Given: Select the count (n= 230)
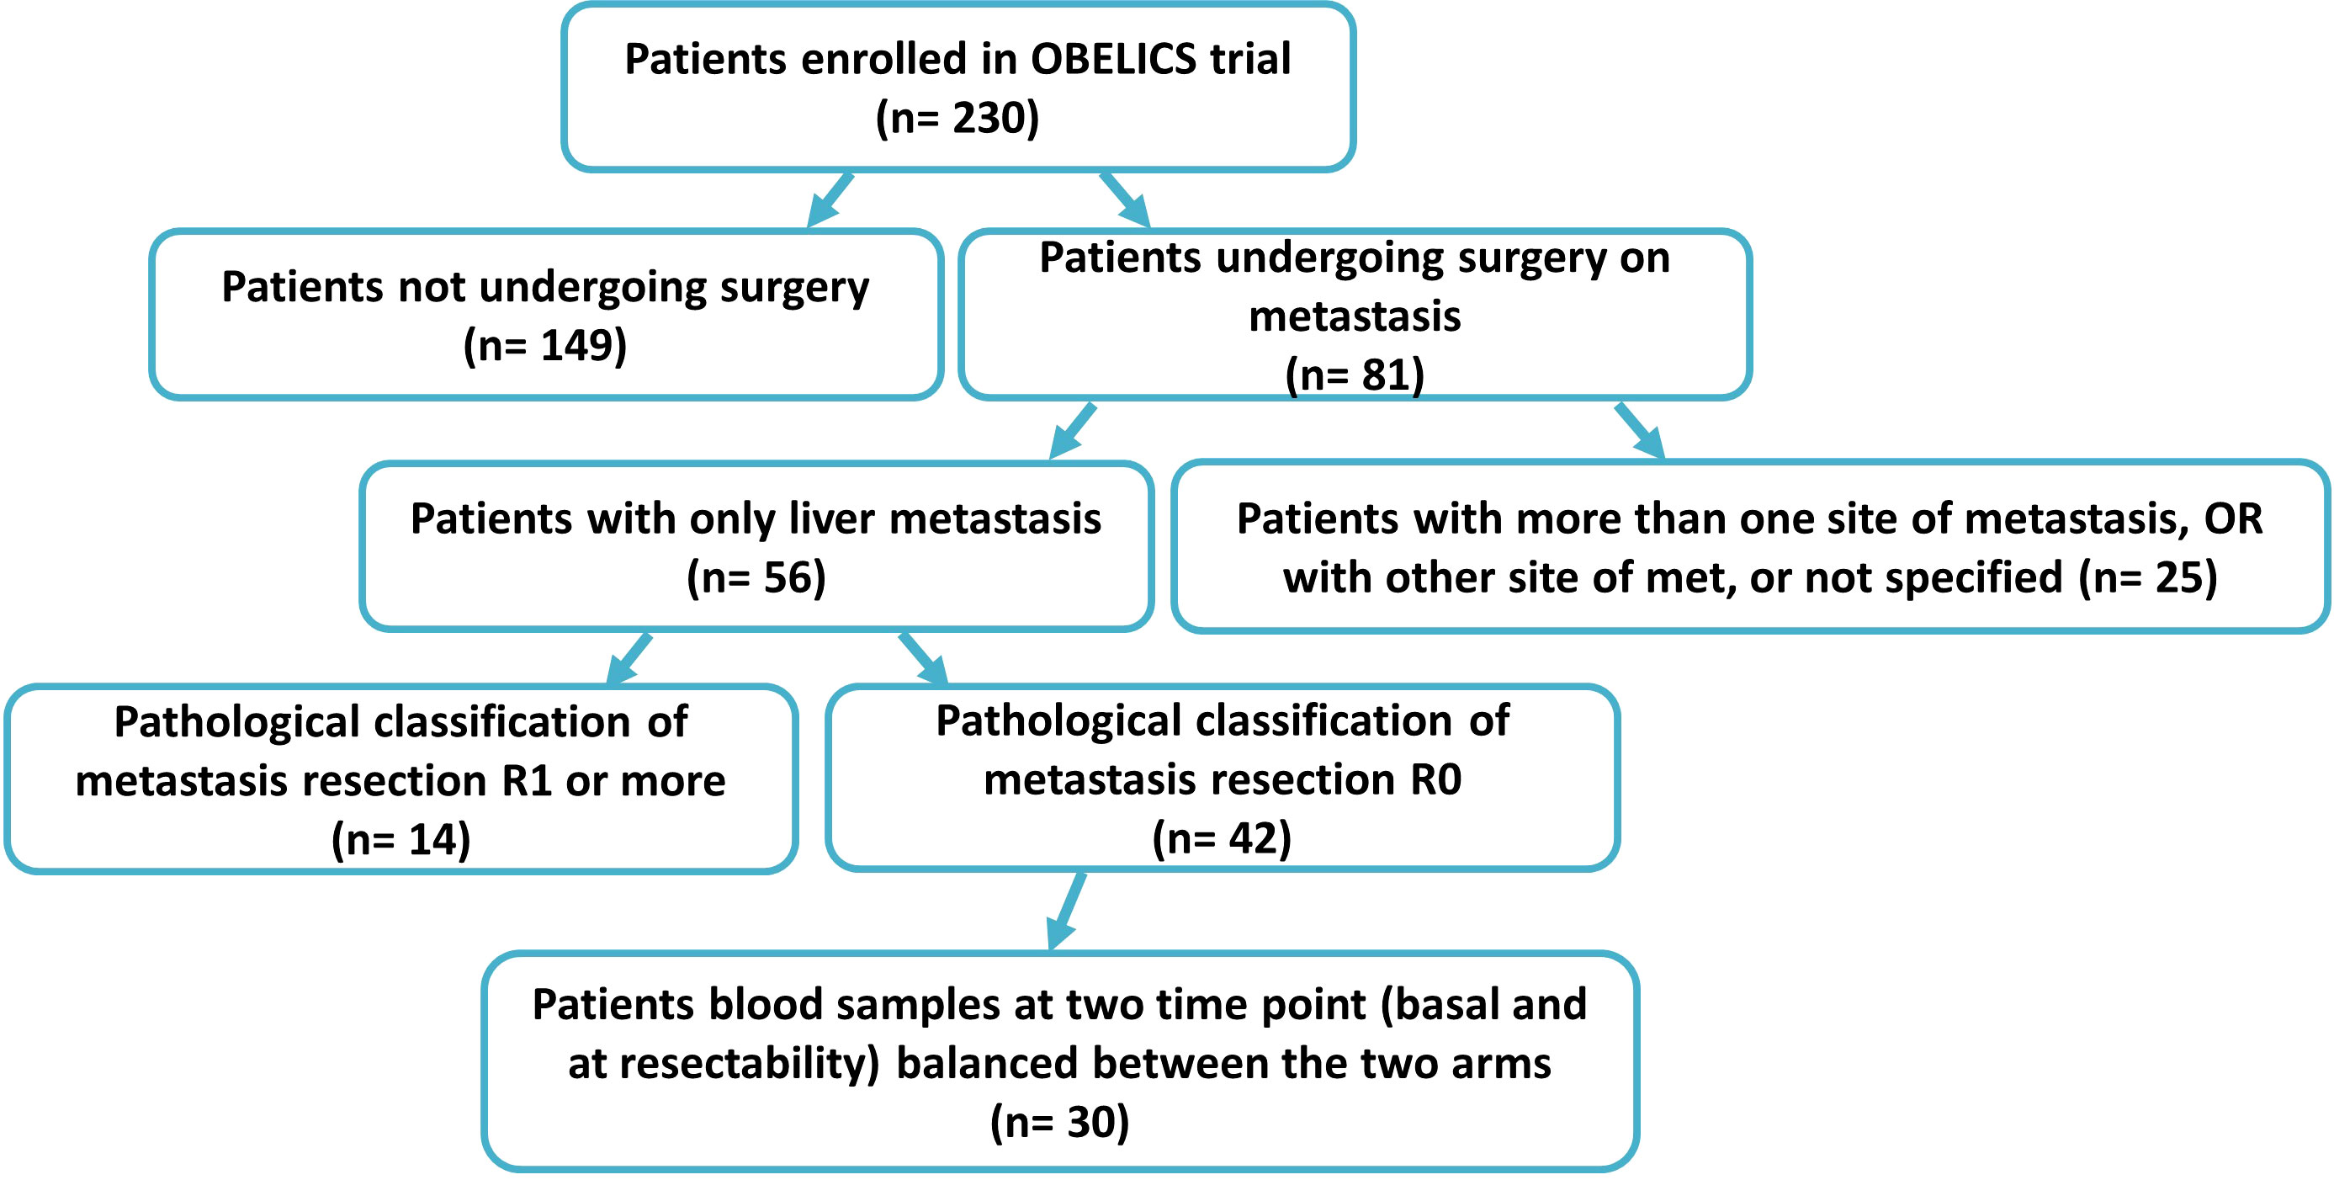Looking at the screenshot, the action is click(957, 118).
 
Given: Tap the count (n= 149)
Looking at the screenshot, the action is click(544, 345).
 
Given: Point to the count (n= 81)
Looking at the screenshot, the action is click(1355, 375).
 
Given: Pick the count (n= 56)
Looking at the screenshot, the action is click(756, 577).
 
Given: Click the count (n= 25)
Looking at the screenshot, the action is click(2147, 577).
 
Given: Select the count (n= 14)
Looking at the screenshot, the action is click(400, 839).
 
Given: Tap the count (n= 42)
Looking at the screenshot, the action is click(1222, 837).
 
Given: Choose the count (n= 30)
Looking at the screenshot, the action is click(1059, 1122).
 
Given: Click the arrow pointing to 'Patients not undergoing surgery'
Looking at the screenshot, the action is click(830, 199).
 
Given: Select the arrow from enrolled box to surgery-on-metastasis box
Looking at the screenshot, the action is click(1125, 199).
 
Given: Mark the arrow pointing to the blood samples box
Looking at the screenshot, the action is click(1066, 911).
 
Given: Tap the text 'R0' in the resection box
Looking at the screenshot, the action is click(1436, 779).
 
